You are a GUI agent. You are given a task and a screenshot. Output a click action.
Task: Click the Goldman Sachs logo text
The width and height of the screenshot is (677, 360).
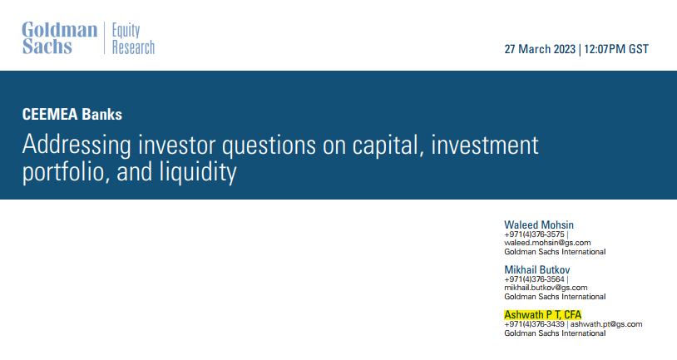click(x=60, y=38)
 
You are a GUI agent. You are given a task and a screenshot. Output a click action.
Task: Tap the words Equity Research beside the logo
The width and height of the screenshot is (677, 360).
click(x=133, y=38)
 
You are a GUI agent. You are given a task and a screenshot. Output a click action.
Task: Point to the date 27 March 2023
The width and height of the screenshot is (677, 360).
click(x=540, y=49)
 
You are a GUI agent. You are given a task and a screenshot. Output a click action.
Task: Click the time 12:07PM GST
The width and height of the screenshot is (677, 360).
click(x=616, y=49)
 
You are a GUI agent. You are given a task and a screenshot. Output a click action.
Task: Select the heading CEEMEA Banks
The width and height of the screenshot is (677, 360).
click(x=72, y=115)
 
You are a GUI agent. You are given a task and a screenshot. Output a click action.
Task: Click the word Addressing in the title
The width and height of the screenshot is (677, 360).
click(x=77, y=145)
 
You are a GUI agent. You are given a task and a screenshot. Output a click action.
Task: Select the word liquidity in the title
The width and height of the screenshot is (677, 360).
click(x=198, y=173)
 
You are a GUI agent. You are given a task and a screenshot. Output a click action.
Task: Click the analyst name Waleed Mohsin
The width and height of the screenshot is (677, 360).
click(x=539, y=224)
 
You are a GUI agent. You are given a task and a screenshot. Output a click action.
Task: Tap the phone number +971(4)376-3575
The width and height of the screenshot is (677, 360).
click(x=534, y=234)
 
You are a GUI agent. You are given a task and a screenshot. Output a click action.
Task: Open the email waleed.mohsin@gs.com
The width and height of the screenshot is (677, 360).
click(x=547, y=243)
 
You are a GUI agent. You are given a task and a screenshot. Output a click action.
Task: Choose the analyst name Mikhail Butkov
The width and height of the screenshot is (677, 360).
click(x=537, y=269)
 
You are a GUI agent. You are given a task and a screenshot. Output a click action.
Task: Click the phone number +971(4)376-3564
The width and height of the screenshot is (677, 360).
click(x=534, y=279)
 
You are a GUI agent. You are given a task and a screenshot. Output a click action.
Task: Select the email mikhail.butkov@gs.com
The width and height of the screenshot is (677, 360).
click(x=546, y=288)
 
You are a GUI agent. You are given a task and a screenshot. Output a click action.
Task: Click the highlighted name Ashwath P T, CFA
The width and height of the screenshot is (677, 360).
click(x=543, y=314)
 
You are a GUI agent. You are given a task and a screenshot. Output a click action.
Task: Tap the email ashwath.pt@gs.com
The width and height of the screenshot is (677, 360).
click(x=606, y=324)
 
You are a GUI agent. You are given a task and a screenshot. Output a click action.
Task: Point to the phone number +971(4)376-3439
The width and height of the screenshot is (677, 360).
click(x=534, y=324)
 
